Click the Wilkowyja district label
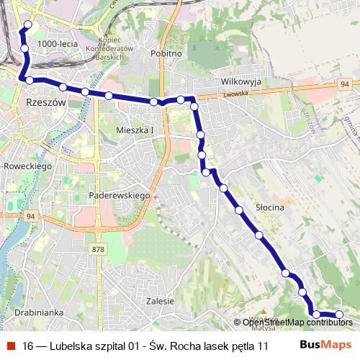pyautogui.click(x=241, y=82)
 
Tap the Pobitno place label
pyautogui.click(x=166, y=53)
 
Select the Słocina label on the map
pyautogui.click(x=271, y=207)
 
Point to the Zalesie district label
pyautogui.click(x=160, y=301)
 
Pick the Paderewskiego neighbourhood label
pyautogui.click(x=118, y=196)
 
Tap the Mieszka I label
pyautogui.click(x=135, y=130)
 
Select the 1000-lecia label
pyautogui.click(x=58, y=44)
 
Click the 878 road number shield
pyautogui.click(x=99, y=249)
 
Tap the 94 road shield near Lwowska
pyautogui.click(x=346, y=85)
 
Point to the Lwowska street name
pyautogui.click(x=235, y=94)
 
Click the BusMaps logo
pyautogui.click(x=325, y=345)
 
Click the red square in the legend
pyautogui.click(x=12, y=346)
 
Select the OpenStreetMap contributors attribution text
pyautogui.click(x=297, y=322)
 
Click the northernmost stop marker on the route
pyautogui.click(x=28, y=25)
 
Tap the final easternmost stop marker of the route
pyautogui.click(x=340, y=314)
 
